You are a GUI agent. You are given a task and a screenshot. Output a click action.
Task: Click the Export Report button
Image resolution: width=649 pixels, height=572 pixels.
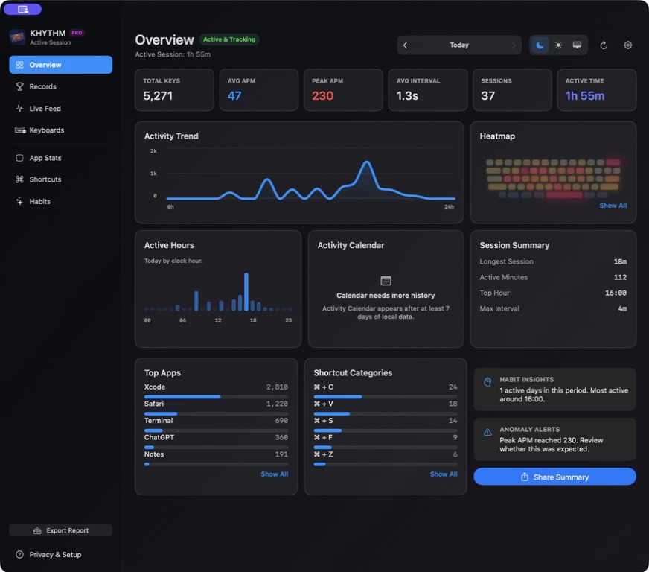click(x=61, y=530)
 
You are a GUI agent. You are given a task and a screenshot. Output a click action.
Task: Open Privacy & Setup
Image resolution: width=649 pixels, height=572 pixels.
click(x=48, y=555)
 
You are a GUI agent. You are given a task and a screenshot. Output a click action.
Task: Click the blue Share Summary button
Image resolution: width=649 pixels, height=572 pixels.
click(x=554, y=477)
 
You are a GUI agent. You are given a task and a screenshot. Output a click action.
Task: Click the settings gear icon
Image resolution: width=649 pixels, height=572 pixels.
click(x=628, y=45)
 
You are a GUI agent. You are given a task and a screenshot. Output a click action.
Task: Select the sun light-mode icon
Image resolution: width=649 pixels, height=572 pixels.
click(x=558, y=45)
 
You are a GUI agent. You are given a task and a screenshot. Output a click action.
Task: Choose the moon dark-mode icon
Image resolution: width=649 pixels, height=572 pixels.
click(x=540, y=45)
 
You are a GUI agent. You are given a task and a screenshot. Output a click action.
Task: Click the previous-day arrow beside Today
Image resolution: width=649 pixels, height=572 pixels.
click(x=405, y=45)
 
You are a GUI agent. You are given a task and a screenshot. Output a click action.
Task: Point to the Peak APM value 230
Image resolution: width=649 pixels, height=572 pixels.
click(x=322, y=95)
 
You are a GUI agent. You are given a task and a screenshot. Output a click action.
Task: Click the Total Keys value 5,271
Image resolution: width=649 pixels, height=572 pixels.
click(x=158, y=95)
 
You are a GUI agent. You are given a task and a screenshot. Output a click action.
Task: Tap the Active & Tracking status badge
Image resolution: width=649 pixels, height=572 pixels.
click(x=229, y=39)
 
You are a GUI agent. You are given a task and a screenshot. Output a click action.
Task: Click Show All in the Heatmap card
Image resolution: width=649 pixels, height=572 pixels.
click(x=613, y=206)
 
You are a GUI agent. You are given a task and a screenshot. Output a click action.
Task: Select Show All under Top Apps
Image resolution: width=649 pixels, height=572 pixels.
click(x=275, y=474)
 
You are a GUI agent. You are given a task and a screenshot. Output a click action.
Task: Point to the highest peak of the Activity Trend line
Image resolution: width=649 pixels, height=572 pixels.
click(x=366, y=162)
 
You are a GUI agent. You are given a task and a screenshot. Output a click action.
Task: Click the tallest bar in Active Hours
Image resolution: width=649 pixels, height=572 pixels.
click(x=246, y=292)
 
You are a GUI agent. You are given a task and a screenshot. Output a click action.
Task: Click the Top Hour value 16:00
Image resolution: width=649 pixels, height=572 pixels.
click(x=616, y=293)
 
